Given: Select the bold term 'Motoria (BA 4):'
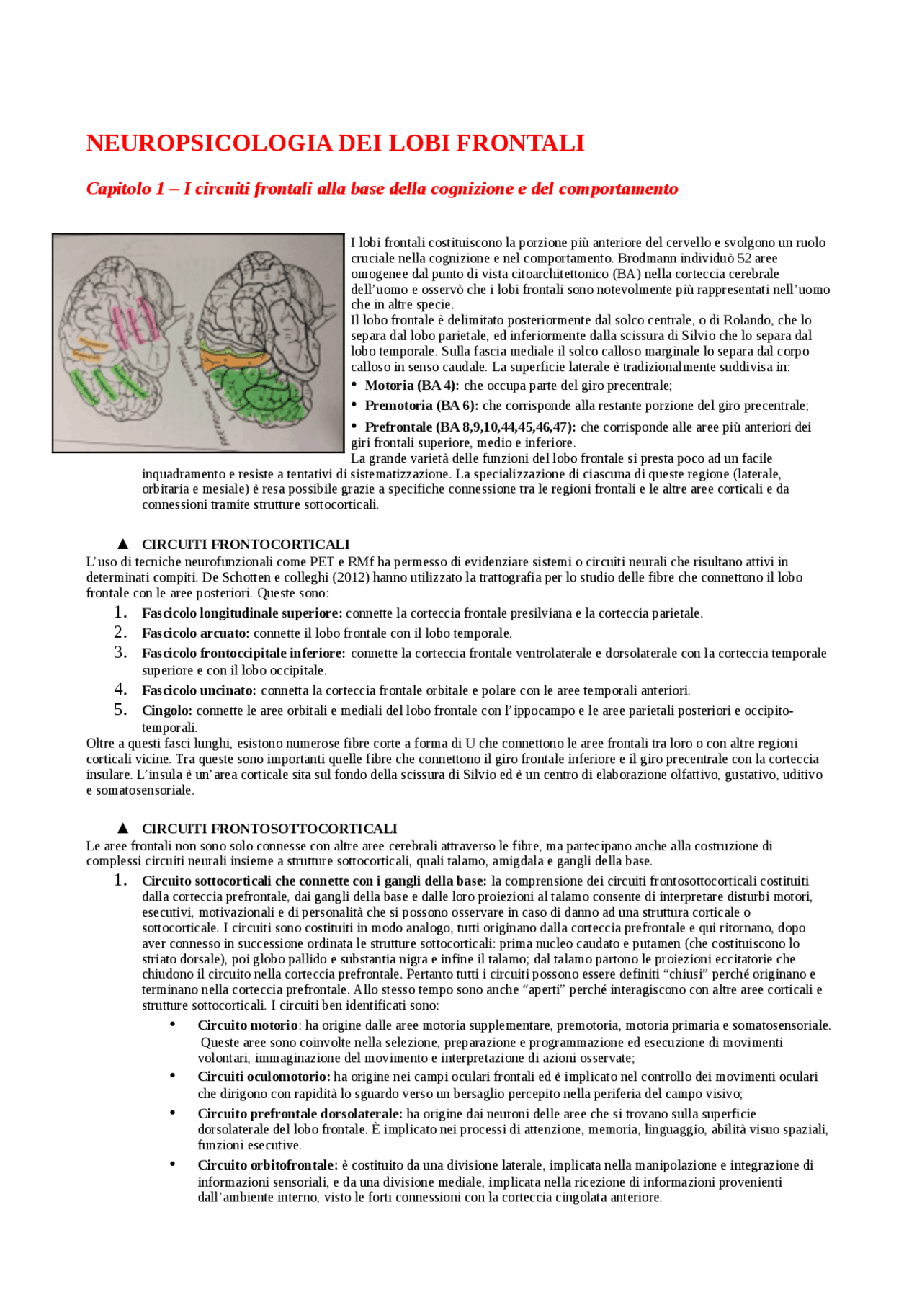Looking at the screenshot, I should [411, 386].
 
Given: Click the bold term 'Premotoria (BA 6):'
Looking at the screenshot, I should [422, 406].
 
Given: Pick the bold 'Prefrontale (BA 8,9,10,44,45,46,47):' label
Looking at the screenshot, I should [470, 427].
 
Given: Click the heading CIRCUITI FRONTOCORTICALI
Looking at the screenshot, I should [246, 545].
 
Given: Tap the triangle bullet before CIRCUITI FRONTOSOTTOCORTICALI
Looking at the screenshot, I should [122, 829].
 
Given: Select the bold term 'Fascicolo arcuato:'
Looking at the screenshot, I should [195, 633].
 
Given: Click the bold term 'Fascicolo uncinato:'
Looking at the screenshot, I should [199, 691].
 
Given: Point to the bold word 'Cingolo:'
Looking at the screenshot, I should [166, 711].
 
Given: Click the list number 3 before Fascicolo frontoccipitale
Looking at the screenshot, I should [120, 653].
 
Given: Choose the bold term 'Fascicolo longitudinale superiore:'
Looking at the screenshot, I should [242, 613].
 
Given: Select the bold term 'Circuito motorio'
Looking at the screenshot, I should [247, 1025].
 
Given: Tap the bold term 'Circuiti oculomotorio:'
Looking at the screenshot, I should [264, 1077].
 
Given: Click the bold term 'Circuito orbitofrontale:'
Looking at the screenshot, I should [267, 1165].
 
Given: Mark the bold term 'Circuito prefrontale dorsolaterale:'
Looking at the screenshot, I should [300, 1114].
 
